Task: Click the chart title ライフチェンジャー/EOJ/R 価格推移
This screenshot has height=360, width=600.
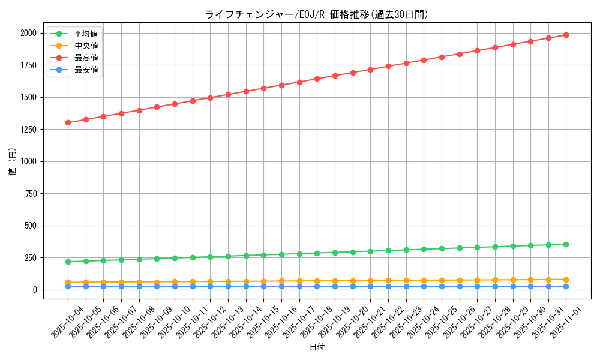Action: coord(316,14)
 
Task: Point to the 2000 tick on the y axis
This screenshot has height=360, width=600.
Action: coord(29,33)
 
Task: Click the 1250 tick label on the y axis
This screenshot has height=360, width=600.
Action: coord(29,130)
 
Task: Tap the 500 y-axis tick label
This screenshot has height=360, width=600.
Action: coord(31,226)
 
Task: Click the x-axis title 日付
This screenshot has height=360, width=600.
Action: coord(317,347)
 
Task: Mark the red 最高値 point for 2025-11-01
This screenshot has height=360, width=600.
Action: coord(566,35)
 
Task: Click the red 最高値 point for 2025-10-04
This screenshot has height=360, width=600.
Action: coord(68,122)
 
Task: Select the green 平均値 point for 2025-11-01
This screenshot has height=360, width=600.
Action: coord(566,244)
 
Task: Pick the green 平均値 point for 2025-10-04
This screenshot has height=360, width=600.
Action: coord(68,262)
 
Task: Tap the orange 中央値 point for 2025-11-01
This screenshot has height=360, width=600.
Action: coord(566,280)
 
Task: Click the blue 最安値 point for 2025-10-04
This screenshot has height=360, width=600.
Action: coord(68,286)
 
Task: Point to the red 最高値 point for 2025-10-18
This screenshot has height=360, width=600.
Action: coord(317,79)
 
